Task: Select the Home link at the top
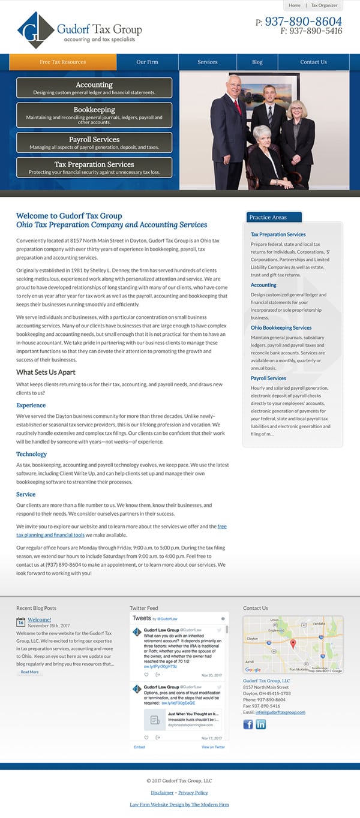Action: [x=295, y=5]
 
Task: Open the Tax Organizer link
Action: [x=323, y=5]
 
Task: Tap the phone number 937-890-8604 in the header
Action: [x=303, y=22]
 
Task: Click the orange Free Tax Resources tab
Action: [x=62, y=62]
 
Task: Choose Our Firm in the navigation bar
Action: [x=147, y=62]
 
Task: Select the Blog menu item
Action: [x=257, y=62]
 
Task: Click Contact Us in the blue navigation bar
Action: [x=313, y=62]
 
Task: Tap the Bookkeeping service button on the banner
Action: [x=94, y=114]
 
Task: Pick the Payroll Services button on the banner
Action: [x=94, y=142]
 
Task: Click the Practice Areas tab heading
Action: [x=268, y=217]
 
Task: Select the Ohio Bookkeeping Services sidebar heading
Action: [x=281, y=327]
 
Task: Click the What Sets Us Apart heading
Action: [x=46, y=372]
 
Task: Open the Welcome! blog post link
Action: [x=39, y=619]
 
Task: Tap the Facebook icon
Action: [x=248, y=724]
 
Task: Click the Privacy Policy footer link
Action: [x=193, y=793]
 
